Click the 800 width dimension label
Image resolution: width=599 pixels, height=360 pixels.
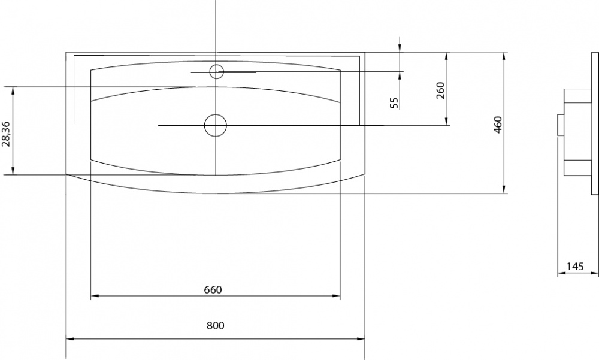pyautogui.click(x=216, y=326)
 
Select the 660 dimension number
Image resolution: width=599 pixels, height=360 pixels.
pyautogui.click(x=213, y=290)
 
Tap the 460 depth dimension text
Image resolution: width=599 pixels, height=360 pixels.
pyautogui.click(x=498, y=125)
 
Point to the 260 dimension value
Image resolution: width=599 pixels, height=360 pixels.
pyautogui.click(x=440, y=90)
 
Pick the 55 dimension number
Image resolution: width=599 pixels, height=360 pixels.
pyautogui.click(x=394, y=102)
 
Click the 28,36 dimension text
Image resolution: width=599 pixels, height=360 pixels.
pyautogui.click(x=6, y=134)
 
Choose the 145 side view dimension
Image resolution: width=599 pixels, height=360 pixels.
pyautogui.click(x=575, y=267)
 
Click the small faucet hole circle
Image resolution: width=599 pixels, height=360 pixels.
pyautogui.click(x=217, y=71)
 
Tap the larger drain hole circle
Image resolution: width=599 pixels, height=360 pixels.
pyautogui.click(x=216, y=125)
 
